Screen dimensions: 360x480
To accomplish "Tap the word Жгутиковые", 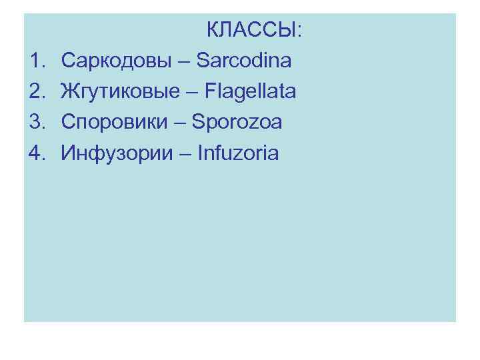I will coord(120,92).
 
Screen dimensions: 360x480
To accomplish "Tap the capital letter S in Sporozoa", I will coord(198,123).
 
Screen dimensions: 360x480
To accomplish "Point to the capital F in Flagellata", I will coord(211,91).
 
